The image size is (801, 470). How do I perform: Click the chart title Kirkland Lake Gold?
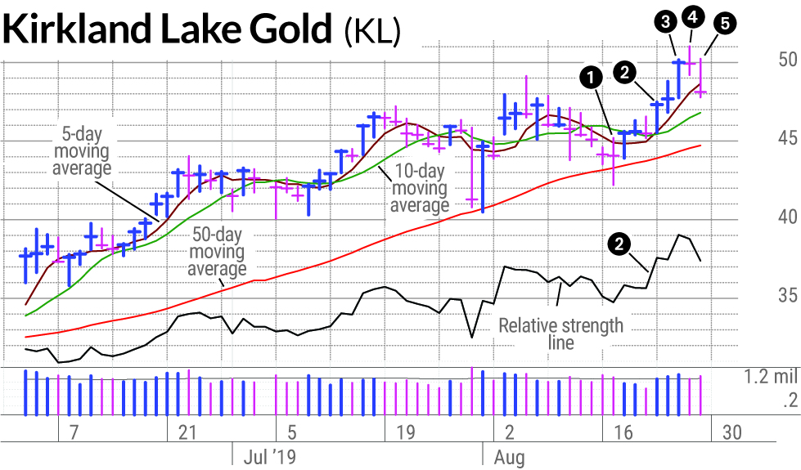(167, 29)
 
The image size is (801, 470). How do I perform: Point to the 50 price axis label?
(787, 60)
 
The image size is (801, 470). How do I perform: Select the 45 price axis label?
(787, 138)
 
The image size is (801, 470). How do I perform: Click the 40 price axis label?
(787, 217)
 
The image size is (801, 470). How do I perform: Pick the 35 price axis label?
(787, 295)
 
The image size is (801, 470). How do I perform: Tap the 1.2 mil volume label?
(771, 377)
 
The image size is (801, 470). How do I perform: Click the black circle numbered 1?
(591, 78)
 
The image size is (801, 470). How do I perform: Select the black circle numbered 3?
(666, 21)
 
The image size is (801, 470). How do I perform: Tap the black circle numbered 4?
(693, 17)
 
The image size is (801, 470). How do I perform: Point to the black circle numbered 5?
(725, 24)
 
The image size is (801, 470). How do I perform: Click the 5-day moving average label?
(82, 151)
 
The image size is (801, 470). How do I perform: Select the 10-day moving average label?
(420, 188)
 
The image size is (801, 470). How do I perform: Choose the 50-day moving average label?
(217, 251)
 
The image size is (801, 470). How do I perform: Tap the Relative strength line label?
(561, 333)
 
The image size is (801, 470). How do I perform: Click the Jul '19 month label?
(270, 456)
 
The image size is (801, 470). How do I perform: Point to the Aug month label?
(509, 457)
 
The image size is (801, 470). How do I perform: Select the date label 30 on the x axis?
(732, 432)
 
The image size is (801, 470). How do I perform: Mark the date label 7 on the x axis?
(74, 432)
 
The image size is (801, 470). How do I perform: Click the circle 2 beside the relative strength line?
(619, 244)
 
